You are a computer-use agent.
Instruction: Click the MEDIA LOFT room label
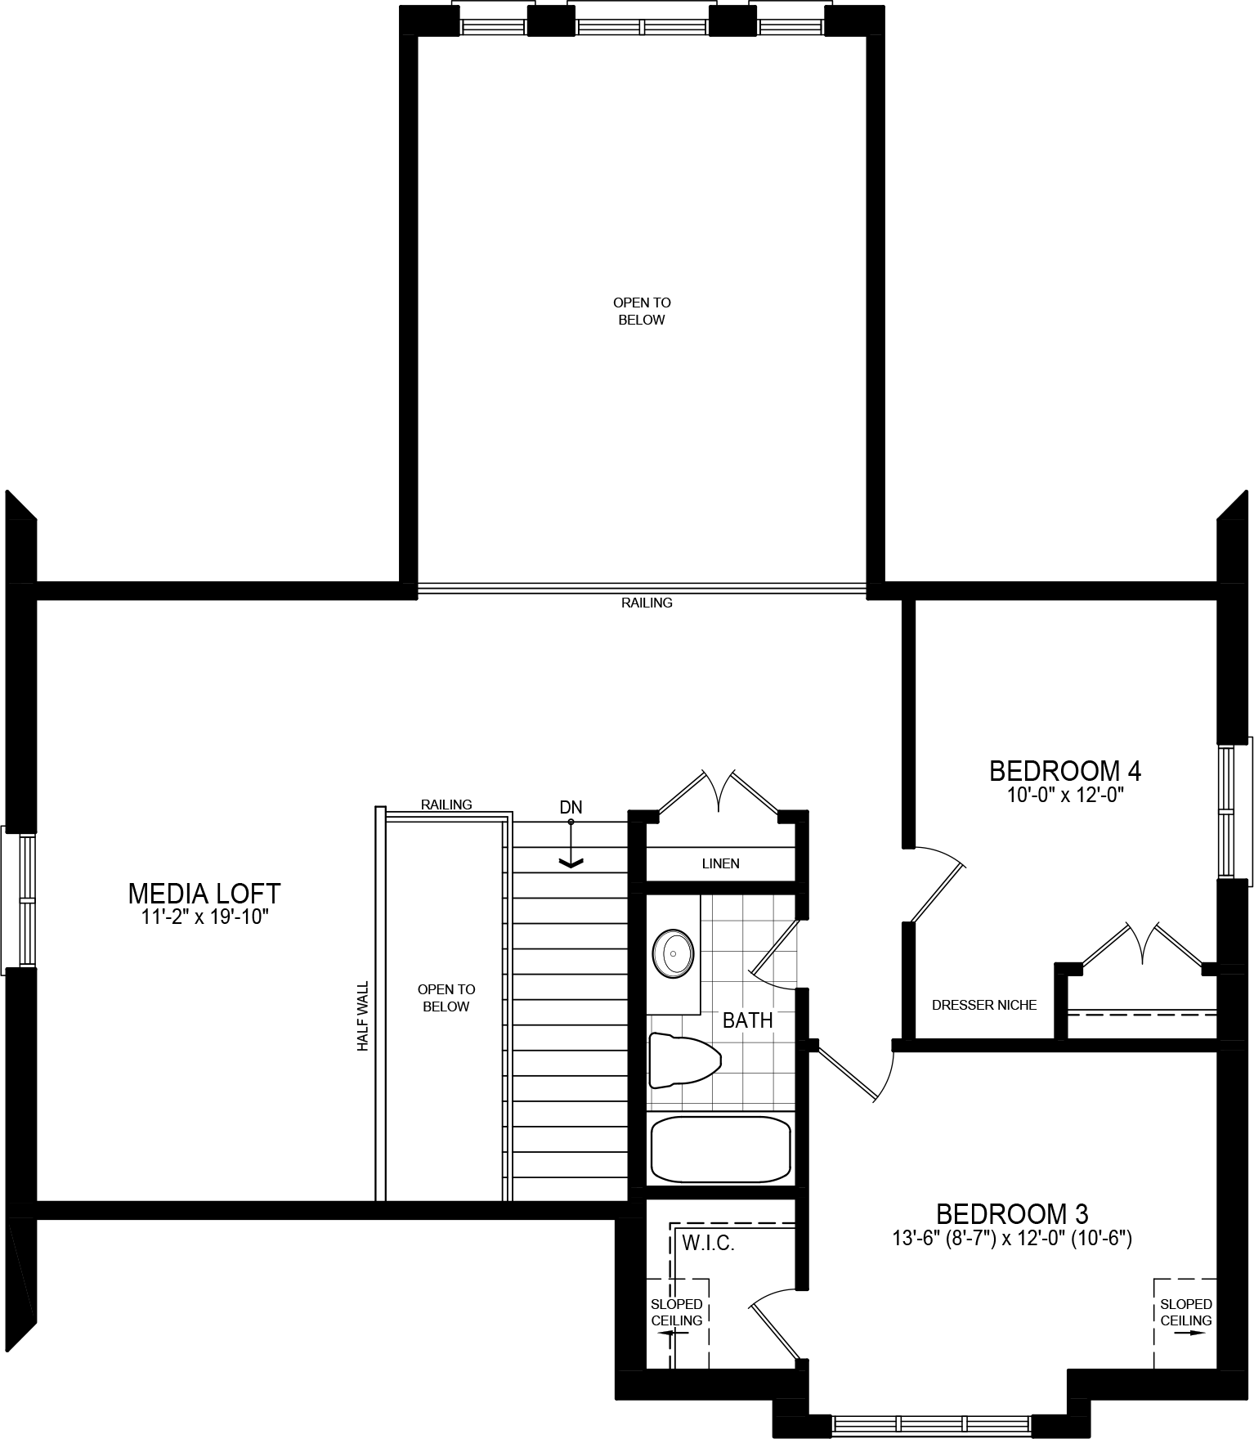(204, 893)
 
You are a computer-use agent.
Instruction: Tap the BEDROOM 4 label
(1064, 770)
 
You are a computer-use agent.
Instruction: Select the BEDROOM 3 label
(1011, 1213)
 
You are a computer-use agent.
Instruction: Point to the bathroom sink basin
(673, 953)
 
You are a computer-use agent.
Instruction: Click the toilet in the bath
(683, 1060)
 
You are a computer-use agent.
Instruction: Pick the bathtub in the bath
(720, 1149)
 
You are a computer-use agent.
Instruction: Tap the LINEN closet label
(720, 863)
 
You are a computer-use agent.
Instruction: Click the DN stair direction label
(571, 808)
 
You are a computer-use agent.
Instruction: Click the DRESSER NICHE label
(984, 1005)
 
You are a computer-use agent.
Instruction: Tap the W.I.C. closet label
(708, 1244)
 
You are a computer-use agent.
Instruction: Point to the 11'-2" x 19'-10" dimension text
(204, 917)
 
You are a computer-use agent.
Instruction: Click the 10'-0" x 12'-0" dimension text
(1064, 795)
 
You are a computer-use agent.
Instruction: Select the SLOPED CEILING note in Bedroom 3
(1185, 1312)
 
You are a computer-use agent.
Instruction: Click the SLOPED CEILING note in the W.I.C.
(676, 1312)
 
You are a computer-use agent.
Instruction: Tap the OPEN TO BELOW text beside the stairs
(446, 997)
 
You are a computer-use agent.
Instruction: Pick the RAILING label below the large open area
(647, 603)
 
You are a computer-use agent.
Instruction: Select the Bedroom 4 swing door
(936, 887)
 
